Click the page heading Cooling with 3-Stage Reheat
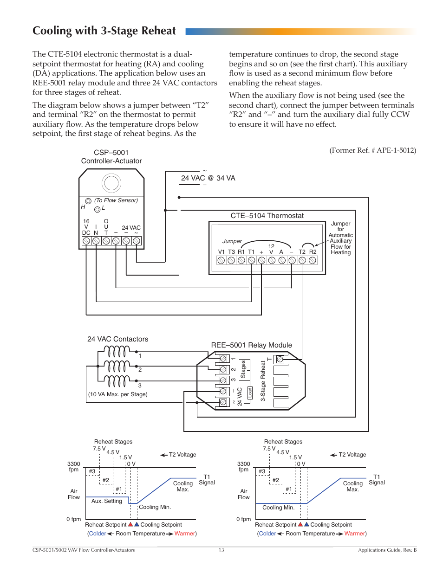(104, 31)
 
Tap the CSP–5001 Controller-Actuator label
(111, 157)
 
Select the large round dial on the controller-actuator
(111, 183)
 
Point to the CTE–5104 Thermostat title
(267, 216)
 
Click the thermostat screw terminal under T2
(302, 260)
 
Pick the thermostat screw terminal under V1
(221, 260)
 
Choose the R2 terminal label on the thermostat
(313, 252)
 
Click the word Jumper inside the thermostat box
(232, 241)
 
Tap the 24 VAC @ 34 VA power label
(208, 178)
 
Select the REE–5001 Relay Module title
(251, 345)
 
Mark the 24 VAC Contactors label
(117, 339)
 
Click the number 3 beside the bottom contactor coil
(140, 386)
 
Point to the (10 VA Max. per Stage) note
(117, 394)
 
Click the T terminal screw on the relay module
(280, 359)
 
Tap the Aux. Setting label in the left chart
(106, 501)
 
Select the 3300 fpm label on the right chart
(244, 467)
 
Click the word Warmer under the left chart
(185, 534)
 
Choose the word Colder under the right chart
(267, 534)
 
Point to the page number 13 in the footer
(221, 550)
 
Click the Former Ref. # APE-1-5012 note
(372, 150)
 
